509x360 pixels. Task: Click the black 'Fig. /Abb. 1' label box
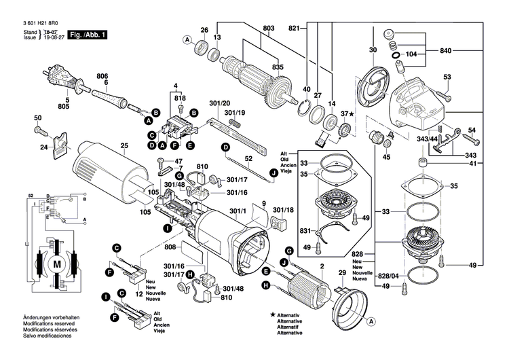pyautogui.click(x=89, y=35)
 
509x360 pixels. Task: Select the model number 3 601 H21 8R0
pyautogui.click(x=32, y=23)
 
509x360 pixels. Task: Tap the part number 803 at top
pyautogui.click(x=269, y=28)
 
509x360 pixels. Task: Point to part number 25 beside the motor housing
pyautogui.click(x=124, y=146)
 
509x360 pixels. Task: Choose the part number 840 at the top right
pyautogui.click(x=445, y=51)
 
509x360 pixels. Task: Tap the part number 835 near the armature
pyautogui.click(x=278, y=67)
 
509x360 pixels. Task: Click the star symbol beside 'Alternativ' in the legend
pyautogui.click(x=273, y=316)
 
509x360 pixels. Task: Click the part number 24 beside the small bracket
pyautogui.click(x=43, y=147)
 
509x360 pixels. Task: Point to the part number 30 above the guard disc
pyautogui.click(x=373, y=50)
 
